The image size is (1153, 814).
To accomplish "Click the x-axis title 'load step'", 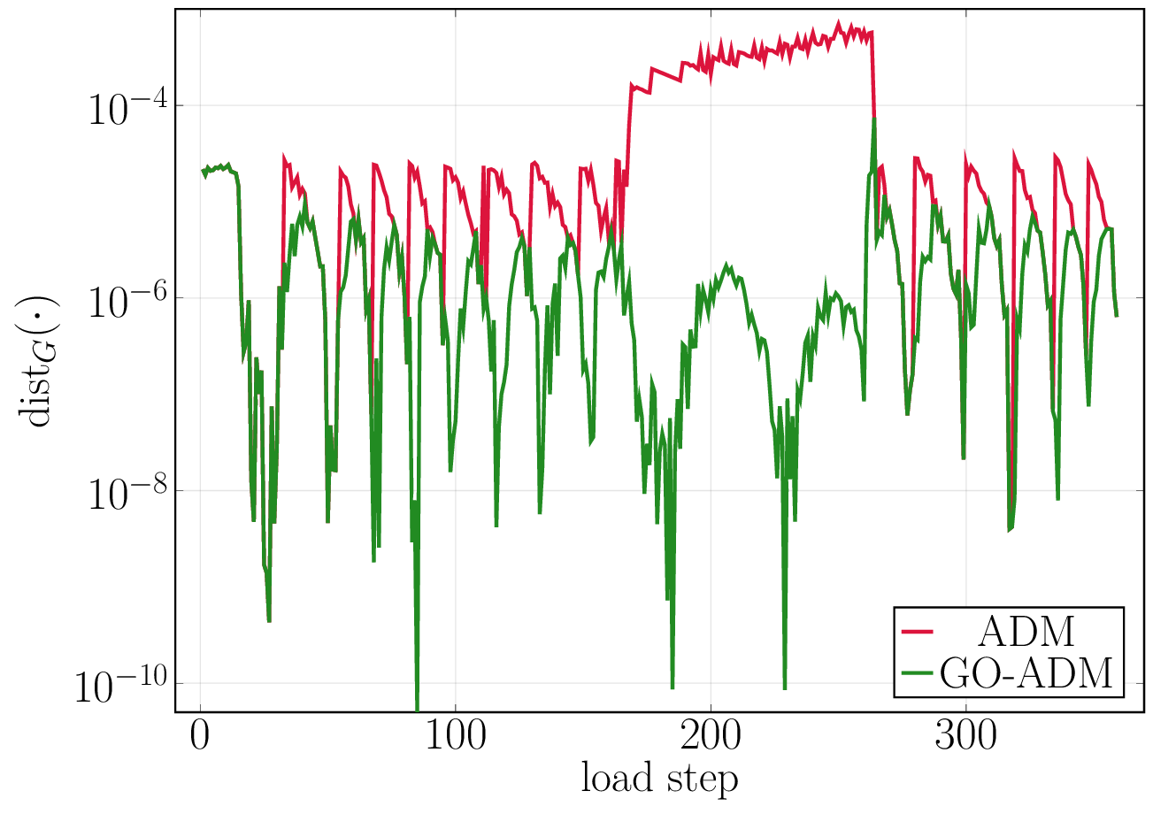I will pyautogui.click(x=659, y=779).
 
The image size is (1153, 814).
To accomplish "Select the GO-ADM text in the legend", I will pyautogui.click(x=1026, y=673).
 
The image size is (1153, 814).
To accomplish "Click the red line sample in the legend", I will pyautogui.click(x=918, y=631).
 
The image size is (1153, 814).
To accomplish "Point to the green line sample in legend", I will pyautogui.click(x=918, y=673).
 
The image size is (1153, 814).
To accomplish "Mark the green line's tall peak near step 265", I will pyautogui.click(x=874, y=120).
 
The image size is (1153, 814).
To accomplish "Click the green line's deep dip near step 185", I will pyautogui.click(x=673, y=687).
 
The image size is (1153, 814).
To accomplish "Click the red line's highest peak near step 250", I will pyautogui.click(x=839, y=23).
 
